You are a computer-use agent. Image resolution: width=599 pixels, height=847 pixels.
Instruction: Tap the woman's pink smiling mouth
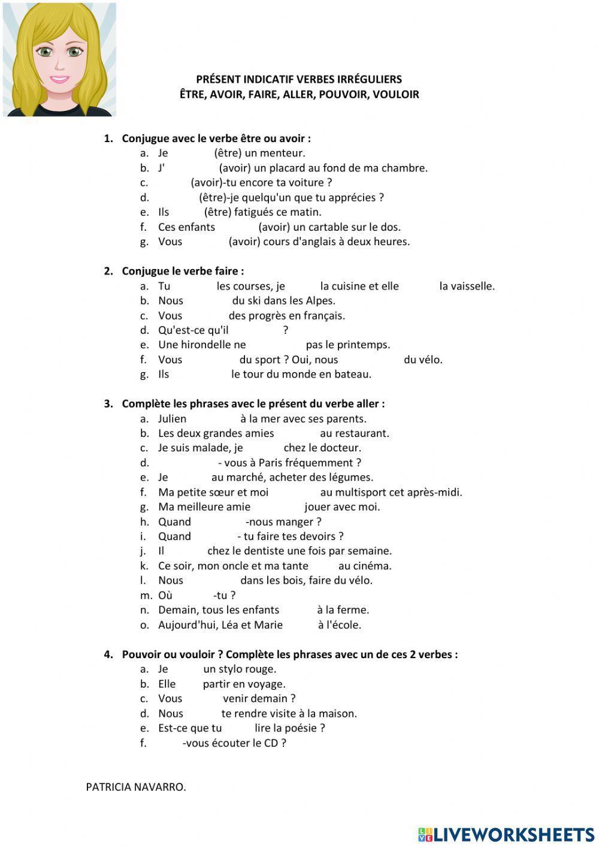[59, 79]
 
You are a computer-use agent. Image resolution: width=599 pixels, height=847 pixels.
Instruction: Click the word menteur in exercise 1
[286, 153]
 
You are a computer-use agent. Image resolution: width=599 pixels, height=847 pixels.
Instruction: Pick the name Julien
[172, 418]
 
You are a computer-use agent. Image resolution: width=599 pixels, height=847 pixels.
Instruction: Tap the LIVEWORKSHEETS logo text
[513, 834]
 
